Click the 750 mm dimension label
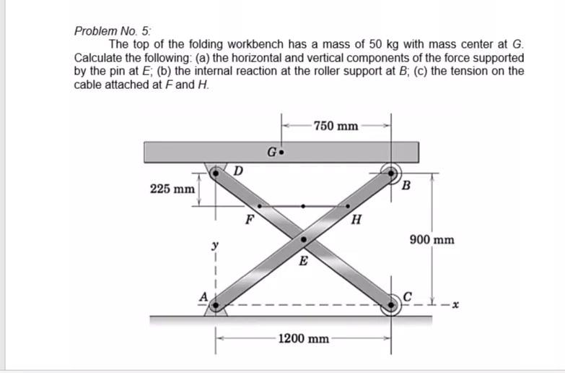click(x=336, y=126)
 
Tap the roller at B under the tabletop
click(x=392, y=173)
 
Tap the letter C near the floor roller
click(x=408, y=295)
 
